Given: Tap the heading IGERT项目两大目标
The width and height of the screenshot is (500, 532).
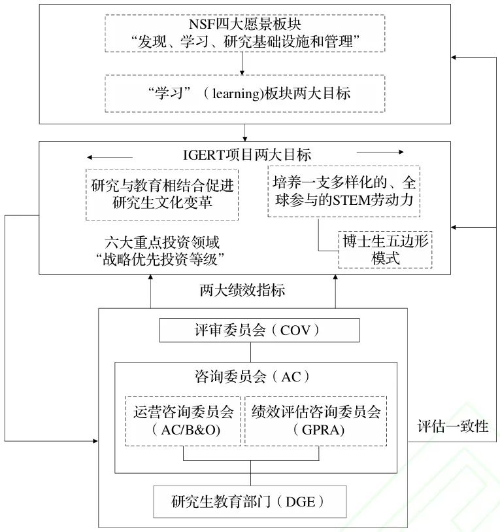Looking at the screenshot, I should (245, 155).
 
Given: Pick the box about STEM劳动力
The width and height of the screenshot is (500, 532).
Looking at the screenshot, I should (343, 191).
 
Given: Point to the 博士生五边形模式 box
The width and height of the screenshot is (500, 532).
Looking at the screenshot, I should (385, 249).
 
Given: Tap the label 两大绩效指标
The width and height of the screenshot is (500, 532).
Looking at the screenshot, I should (242, 290).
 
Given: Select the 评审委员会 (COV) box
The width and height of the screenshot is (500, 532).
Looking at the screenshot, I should (259, 330).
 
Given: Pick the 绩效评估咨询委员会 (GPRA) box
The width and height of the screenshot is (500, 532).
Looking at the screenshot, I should (316, 420).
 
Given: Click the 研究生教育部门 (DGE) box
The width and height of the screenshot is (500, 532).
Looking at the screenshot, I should (249, 502).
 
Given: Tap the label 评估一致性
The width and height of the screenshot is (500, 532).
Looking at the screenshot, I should (453, 427).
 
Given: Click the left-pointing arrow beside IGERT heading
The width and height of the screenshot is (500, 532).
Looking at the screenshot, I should (109, 157).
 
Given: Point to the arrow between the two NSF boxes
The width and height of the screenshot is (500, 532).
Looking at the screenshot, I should (242, 63).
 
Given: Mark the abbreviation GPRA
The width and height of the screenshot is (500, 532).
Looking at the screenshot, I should (316, 431).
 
